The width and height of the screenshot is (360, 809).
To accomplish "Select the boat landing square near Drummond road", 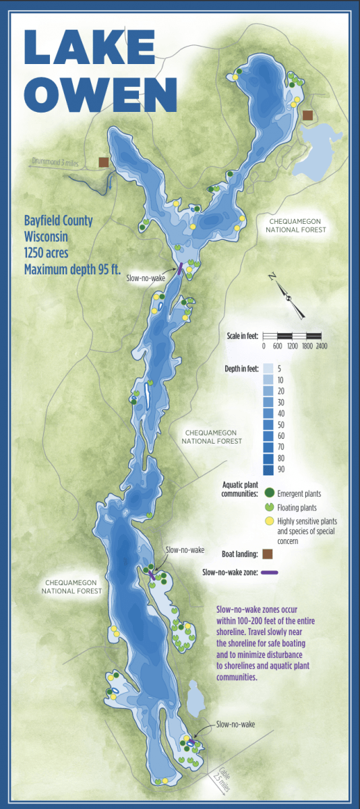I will (x=103, y=162).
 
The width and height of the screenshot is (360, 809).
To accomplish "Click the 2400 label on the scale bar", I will (x=321, y=346).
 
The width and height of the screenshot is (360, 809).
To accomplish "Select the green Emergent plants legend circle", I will (x=268, y=493).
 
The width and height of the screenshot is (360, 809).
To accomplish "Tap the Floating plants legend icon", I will (x=268, y=507).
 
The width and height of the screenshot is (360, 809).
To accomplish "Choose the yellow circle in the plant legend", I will (x=268, y=521).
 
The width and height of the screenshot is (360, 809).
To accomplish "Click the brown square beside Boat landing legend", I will (x=268, y=553).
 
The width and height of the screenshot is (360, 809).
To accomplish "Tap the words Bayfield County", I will (x=58, y=220).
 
